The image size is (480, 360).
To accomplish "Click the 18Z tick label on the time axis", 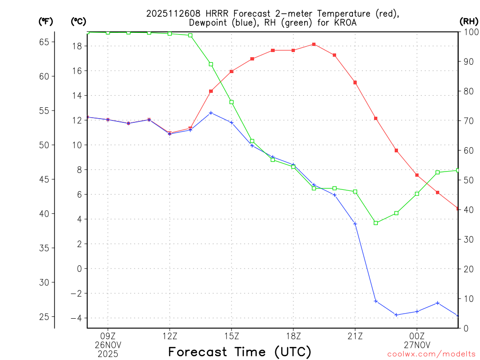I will pyautogui.click(x=293, y=336).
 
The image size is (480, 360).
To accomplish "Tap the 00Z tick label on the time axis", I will pyautogui.click(x=417, y=336).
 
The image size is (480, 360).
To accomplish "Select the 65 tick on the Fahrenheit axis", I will pyautogui.click(x=44, y=42).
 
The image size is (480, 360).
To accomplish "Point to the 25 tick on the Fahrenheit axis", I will pyautogui.click(x=44, y=317).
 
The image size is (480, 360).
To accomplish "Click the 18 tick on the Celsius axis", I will pyautogui.click(x=77, y=46).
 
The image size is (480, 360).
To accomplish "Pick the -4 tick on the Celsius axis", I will pyautogui.click(x=76, y=318).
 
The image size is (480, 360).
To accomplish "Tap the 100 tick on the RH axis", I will pyautogui.click(x=470, y=32).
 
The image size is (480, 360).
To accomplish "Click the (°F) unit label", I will pyautogui.click(x=45, y=21).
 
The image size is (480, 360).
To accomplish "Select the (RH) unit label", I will pyautogui.click(x=469, y=21).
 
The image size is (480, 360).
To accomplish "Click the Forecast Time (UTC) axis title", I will pyautogui.click(x=240, y=352).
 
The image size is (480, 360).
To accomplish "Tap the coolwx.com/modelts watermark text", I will pyautogui.click(x=431, y=354).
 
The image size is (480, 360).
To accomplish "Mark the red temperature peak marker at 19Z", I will pyautogui.click(x=314, y=44).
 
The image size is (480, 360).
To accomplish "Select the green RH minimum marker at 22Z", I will pyautogui.click(x=375, y=223).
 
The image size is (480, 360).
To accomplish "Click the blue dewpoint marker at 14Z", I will pyautogui.click(x=211, y=113).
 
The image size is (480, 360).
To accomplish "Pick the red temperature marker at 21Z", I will pyautogui.click(x=355, y=82).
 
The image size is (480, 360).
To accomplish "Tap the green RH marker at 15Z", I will pyautogui.click(x=232, y=102).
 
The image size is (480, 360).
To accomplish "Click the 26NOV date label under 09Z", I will pyautogui.click(x=108, y=345).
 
